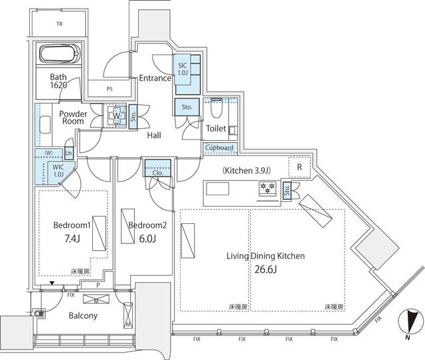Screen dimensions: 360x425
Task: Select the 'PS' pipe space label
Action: (109, 88)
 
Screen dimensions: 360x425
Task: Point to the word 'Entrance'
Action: (155, 78)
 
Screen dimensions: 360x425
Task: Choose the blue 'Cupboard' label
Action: (218, 148)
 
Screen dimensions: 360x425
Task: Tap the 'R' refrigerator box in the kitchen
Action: (299, 167)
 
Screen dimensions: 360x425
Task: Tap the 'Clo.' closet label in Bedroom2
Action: (158, 170)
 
